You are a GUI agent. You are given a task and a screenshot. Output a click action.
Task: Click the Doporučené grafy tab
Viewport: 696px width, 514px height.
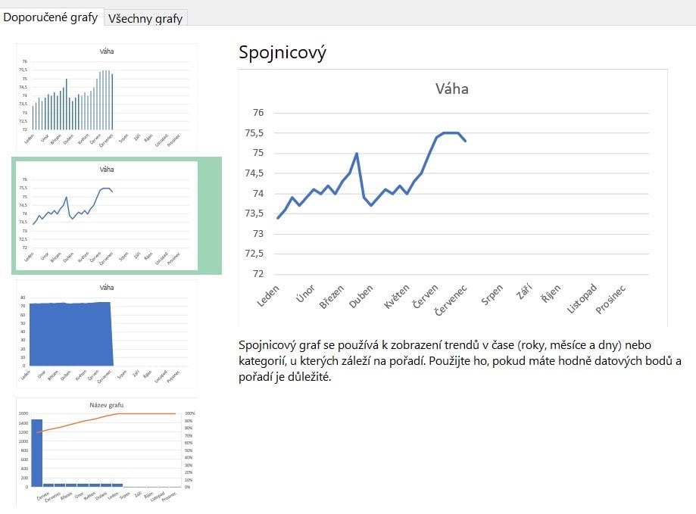point(51,17)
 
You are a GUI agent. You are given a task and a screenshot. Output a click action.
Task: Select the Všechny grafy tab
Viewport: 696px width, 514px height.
point(145,18)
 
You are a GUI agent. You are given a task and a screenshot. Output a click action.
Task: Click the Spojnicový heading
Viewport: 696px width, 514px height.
point(282,52)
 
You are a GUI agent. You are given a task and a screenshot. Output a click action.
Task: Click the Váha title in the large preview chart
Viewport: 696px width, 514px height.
point(451,89)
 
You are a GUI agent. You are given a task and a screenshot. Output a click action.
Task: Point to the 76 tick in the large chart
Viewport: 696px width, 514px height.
point(257,113)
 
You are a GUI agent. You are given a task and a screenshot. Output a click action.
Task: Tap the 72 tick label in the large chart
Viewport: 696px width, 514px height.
point(257,274)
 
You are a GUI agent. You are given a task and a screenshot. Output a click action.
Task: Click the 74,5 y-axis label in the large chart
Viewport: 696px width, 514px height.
point(254,173)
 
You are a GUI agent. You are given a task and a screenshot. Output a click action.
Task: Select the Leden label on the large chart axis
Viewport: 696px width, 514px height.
point(268,296)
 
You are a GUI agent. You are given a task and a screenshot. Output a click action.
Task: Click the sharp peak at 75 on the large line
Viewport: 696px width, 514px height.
point(357,154)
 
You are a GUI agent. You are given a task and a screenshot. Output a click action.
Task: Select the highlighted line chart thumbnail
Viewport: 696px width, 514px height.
point(107,215)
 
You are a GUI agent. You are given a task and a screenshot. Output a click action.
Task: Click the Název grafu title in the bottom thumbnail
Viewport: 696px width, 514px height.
point(107,405)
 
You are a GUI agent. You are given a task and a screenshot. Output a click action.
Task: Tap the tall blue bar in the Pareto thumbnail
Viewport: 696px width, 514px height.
point(36,452)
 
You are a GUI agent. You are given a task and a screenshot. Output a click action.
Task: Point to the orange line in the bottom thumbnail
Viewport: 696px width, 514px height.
point(91,421)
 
